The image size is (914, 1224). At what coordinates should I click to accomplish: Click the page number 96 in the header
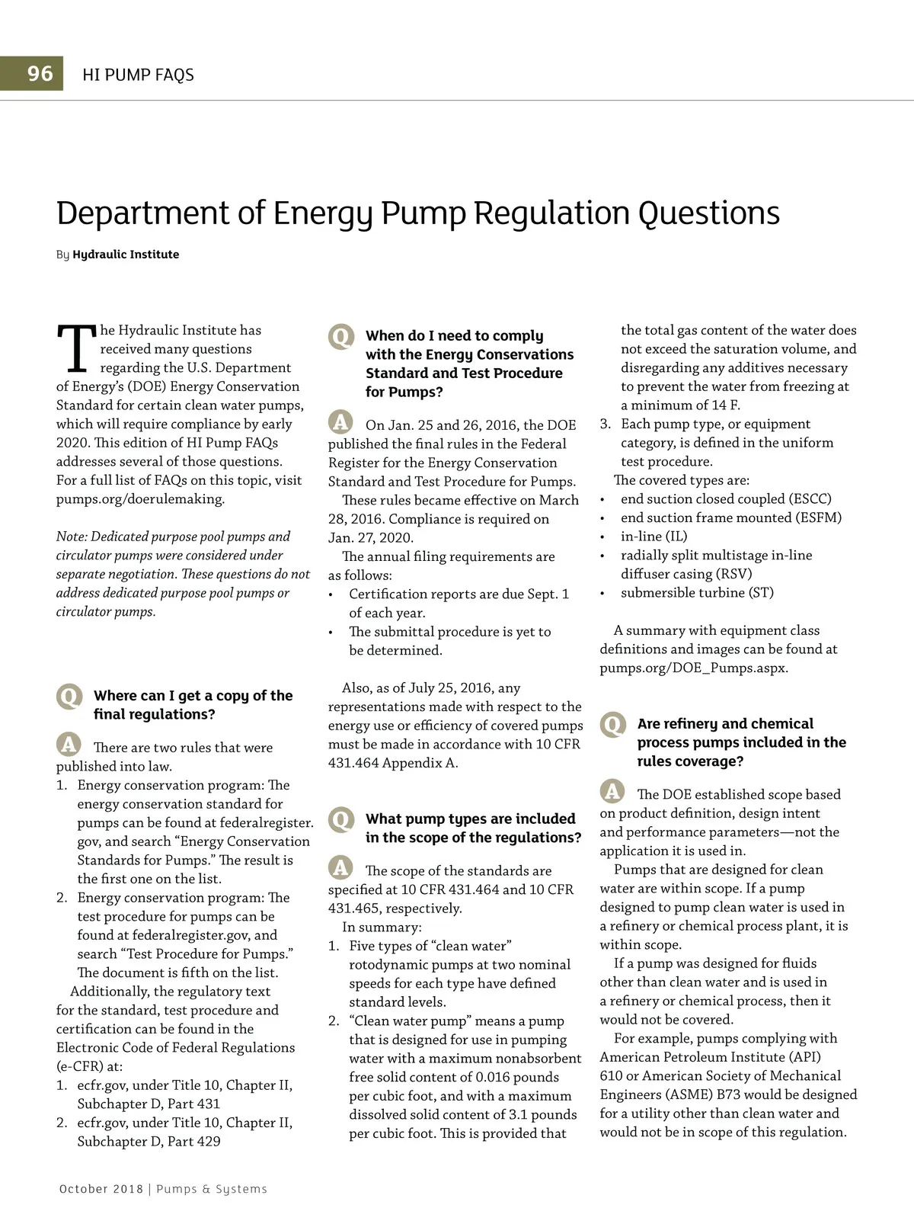40,74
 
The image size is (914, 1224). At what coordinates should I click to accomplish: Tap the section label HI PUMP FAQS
138,75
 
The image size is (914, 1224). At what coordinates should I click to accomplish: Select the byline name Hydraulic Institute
126,255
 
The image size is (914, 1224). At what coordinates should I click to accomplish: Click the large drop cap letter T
76,350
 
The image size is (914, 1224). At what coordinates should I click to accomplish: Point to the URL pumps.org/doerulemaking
140,499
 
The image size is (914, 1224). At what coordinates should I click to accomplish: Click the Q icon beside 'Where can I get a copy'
69,696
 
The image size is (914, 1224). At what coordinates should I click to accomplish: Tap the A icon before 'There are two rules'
69,745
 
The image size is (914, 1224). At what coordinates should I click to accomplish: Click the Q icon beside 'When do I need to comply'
341,336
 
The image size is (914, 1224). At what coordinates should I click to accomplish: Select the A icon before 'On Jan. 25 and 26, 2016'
340,421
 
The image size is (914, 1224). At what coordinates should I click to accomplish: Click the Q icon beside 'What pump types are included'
341,819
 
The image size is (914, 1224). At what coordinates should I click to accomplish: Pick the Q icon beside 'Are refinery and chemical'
612,724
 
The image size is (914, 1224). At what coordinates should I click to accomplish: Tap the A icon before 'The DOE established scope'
612,791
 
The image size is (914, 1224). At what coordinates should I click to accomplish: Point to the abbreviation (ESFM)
819,518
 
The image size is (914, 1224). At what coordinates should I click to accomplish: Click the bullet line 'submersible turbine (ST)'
696,593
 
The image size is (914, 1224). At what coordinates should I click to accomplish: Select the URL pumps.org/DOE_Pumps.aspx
693,668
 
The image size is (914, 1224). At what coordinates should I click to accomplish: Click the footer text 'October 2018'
101,1189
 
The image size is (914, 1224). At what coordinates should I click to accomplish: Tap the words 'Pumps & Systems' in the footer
212,1189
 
